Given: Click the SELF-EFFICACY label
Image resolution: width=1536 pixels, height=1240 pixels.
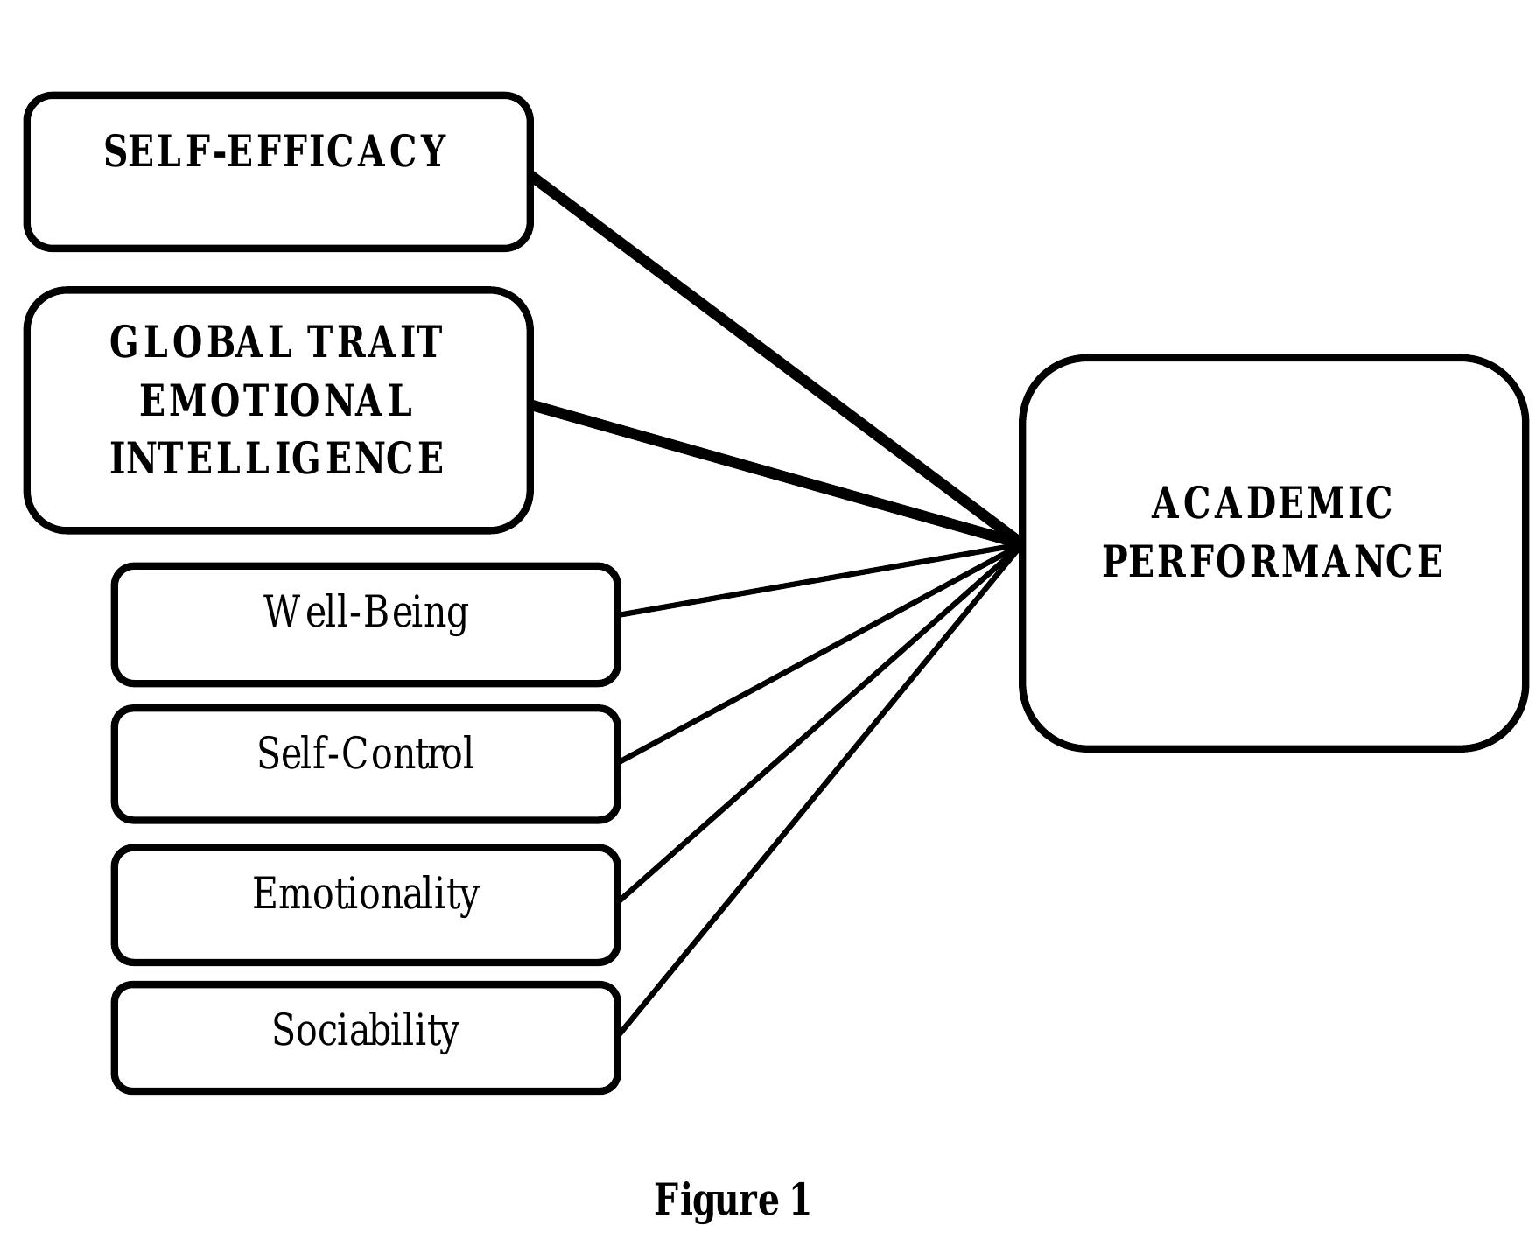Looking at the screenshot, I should click(x=276, y=151).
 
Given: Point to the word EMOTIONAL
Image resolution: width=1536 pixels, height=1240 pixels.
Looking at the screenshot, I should click(x=276, y=401).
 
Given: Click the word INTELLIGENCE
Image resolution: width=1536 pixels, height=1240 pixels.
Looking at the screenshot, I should click(x=277, y=459).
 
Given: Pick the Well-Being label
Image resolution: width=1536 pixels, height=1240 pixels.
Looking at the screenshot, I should click(x=366, y=612).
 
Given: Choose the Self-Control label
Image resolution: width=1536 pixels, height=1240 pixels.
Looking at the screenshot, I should click(x=366, y=753).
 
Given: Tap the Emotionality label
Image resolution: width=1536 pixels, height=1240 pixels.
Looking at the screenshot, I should click(x=366, y=894).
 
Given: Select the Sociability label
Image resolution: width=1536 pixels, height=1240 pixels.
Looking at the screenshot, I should click(x=366, y=1030).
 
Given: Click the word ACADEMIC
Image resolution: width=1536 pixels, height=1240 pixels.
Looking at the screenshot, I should click(x=1272, y=504).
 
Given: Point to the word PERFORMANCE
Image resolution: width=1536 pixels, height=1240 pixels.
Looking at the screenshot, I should click(x=1273, y=562).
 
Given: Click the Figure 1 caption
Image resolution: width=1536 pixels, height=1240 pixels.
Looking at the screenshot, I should click(x=733, y=1200).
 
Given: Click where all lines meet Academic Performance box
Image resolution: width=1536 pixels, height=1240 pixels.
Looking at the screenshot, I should click(x=1018, y=543).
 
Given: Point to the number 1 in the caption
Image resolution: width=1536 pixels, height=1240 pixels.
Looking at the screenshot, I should click(x=800, y=1200).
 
